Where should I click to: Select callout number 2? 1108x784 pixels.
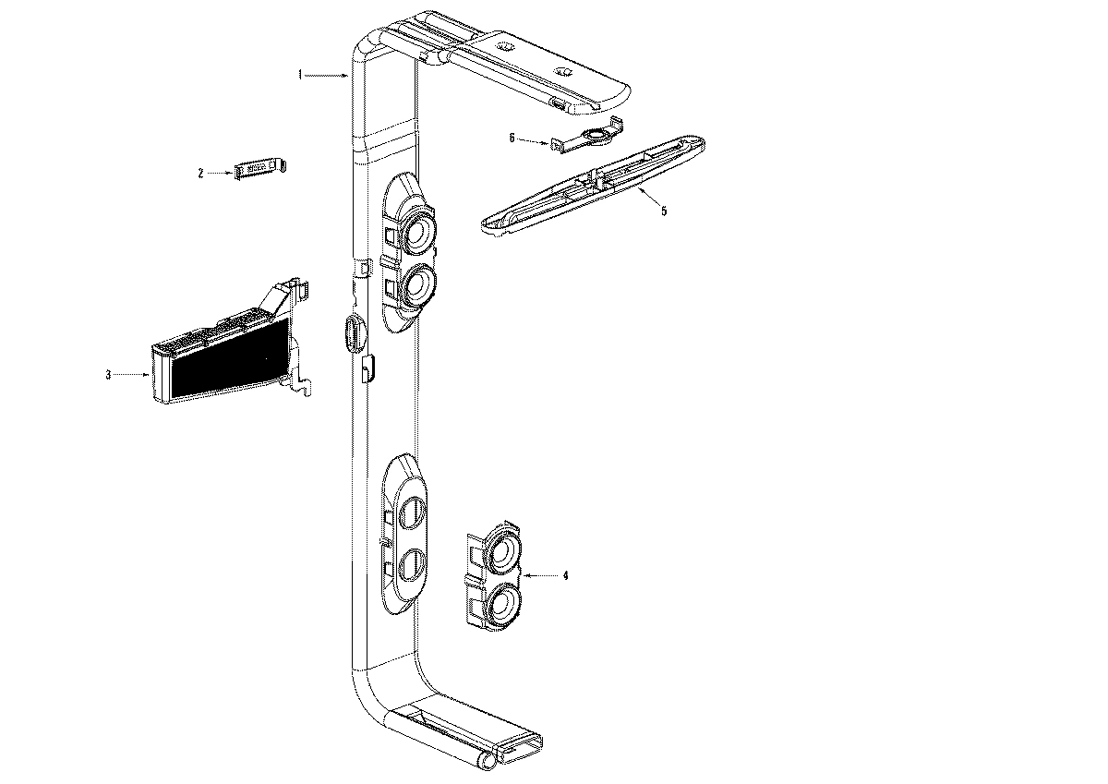pyautogui.click(x=200, y=173)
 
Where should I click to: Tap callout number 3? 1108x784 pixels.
pyautogui.click(x=108, y=375)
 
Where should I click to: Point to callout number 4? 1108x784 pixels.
pyautogui.click(x=565, y=575)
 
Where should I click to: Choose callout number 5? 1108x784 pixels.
pyautogui.click(x=663, y=211)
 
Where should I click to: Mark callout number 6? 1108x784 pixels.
pyautogui.click(x=512, y=139)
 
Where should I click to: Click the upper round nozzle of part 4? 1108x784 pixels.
pyautogui.click(x=504, y=552)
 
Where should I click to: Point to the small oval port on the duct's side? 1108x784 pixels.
pyautogui.click(x=351, y=332)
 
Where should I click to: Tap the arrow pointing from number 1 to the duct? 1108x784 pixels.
pyautogui.click(x=328, y=76)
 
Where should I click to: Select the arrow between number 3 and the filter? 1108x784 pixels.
pyautogui.click(x=133, y=375)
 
